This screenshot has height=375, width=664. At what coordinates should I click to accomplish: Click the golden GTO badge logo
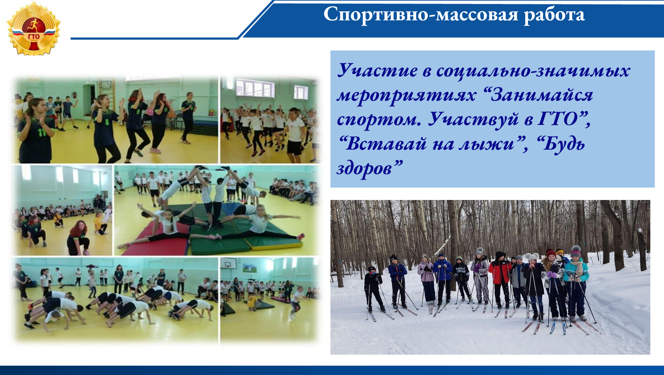(33, 29)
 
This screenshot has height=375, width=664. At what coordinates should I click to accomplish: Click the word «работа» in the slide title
(554, 15)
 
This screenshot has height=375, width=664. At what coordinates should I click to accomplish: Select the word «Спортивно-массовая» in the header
(421, 14)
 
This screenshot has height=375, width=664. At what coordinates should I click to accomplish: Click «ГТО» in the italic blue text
(558, 119)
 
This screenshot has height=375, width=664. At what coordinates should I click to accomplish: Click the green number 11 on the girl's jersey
(41, 132)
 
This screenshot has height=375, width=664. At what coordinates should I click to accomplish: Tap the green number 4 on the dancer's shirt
(107, 122)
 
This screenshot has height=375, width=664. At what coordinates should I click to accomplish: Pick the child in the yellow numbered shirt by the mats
(253, 302)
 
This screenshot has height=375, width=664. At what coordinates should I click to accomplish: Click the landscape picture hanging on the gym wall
(250, 268)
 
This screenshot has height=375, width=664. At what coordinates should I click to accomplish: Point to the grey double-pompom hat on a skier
(532, 256)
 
